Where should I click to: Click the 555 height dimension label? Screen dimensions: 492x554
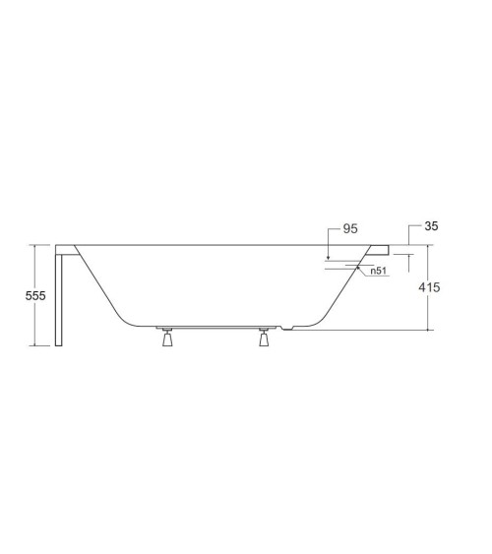click(x=35, y=295)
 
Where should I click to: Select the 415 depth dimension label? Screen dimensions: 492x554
click(x=429, y=287)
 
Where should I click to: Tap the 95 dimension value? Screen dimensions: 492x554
click(x=350, y=228)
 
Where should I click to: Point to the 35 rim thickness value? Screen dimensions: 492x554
click(x=431, y=225)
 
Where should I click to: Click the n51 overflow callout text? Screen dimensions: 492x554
click(x=378, y=271)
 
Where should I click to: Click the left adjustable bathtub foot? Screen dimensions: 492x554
click(x=167, y=338)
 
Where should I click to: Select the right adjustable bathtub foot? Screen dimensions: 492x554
click(x=264, y=338)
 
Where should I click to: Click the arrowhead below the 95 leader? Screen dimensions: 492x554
click(x=328, y=257)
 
